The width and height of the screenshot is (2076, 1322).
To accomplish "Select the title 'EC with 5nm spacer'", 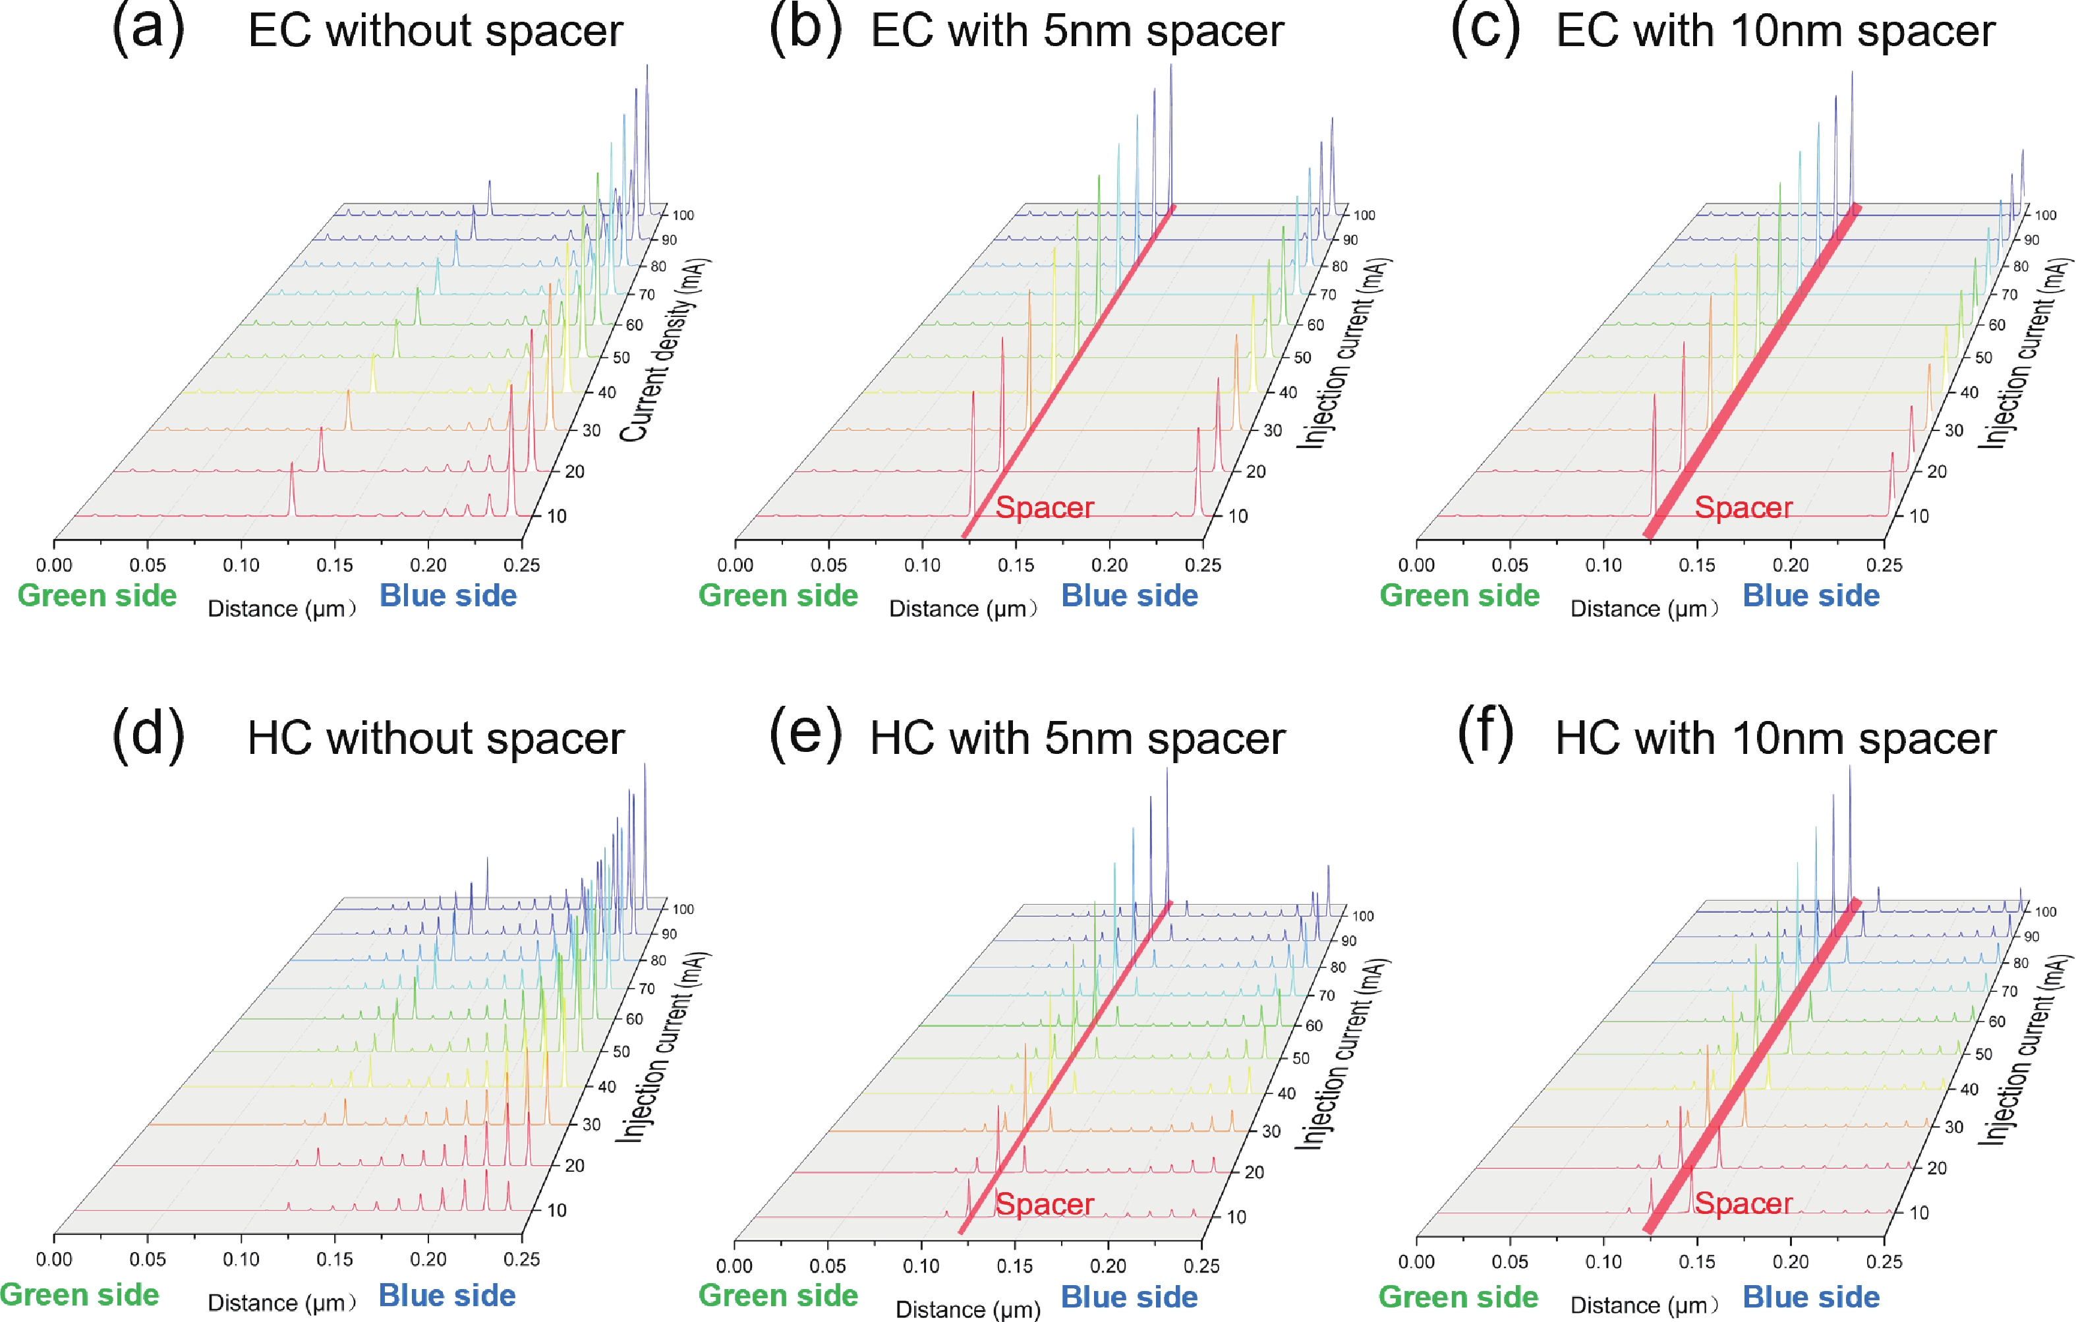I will coord(1077,31).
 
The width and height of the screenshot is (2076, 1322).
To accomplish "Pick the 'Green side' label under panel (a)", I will coord(97,595).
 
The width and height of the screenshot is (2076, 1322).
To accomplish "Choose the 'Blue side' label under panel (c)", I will coord(1810,595).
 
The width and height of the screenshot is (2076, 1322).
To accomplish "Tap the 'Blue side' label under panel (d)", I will coord(447,1295).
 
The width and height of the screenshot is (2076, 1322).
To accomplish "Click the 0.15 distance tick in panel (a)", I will coord(335,565).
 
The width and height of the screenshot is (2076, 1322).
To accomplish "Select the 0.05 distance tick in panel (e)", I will coord(828,1266).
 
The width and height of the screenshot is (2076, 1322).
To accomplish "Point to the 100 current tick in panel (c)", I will coord(2045,215).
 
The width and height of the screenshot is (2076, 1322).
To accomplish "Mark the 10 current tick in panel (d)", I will coord(557,1210).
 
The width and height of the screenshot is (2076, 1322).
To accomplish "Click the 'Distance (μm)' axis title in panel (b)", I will coord(962,609).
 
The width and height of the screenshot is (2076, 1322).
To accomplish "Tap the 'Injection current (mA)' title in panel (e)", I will coord(1341,1052).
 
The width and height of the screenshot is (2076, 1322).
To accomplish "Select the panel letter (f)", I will coord(1485,733).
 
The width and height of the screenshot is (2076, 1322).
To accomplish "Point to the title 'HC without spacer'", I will coord(436,739).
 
